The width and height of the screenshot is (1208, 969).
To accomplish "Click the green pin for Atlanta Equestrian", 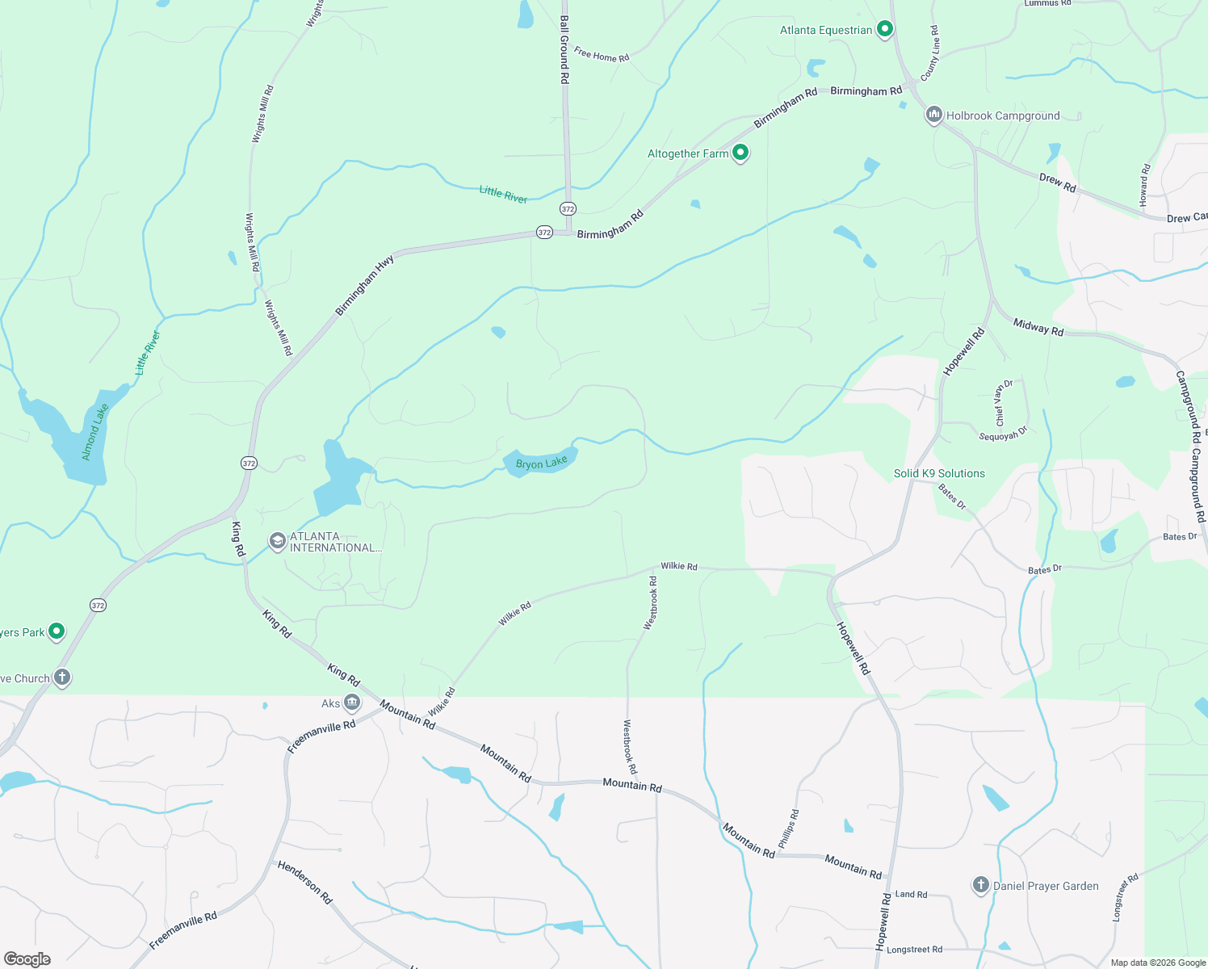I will (x=884, y=30).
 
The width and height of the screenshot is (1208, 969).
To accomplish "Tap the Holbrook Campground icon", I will (x=934, y=115).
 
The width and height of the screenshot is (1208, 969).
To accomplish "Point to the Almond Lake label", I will (x=94, y=432).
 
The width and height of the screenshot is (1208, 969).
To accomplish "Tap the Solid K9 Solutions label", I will (x=939, y=473).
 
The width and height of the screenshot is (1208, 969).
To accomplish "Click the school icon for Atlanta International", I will (x=278, y=541).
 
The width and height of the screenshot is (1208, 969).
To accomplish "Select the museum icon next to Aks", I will (x=352, y=703).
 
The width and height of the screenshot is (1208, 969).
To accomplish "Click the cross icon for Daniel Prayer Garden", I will (x=980, y=886).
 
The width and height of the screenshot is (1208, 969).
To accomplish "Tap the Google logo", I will (x=27, y=959).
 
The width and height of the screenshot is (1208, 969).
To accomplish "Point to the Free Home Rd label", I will (x=602, y=55).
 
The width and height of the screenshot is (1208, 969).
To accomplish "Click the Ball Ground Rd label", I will (x=564, y=50).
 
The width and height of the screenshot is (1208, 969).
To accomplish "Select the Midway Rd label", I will (x=1038, y=327).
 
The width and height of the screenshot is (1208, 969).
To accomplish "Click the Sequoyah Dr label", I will (x=1003, y=434).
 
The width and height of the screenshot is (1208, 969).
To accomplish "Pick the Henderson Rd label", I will (x=304, y=882).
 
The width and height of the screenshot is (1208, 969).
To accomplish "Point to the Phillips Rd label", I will (x=789, y=828).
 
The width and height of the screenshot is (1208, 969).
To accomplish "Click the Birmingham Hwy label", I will (x=365, y=285).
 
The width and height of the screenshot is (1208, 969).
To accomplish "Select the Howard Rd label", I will (x=1144, y=185).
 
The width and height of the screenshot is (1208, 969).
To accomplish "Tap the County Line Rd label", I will (x=930, y=52).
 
